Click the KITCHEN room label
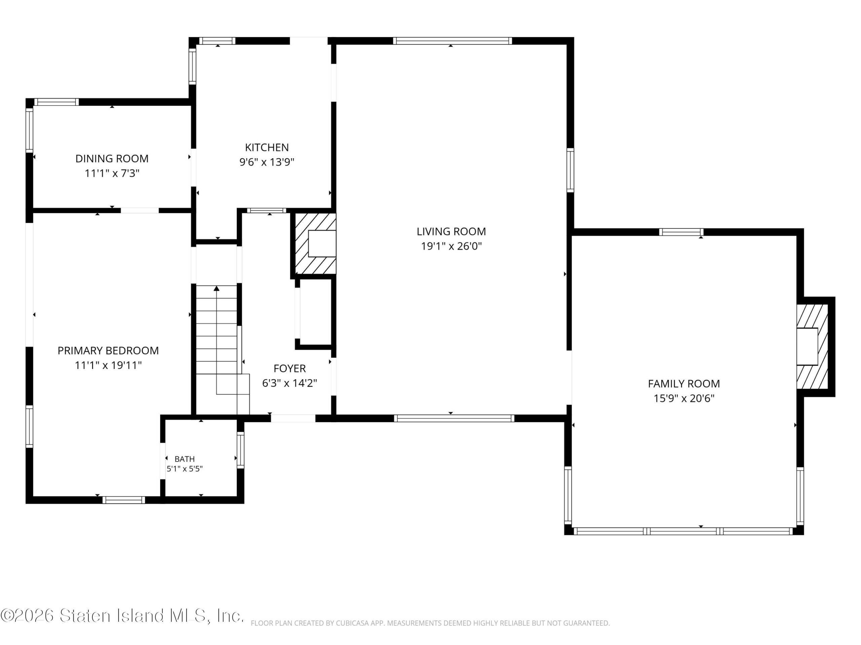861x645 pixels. [x=267, y=147]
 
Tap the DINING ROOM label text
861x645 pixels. [x=112, y=159]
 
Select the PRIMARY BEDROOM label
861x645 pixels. [x=108, y=351]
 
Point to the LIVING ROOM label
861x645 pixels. [x=451, y=232]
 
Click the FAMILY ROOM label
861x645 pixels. [x=684, y=384]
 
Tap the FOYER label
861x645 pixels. [x=290, y=369]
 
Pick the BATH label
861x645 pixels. [x=185, y=459]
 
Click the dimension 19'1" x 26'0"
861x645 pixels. [x=451, y=246]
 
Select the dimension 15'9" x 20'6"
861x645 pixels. [x=684, y=398]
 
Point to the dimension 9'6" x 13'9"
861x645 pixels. [x=267, y=162]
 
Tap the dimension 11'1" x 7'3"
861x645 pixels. [x=112, y=173]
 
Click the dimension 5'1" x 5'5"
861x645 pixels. [x=185, y=469]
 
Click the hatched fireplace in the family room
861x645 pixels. [x=812, y=346]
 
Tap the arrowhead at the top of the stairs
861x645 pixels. [x=216, y=288]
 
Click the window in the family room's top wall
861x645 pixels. [x=681, y=232]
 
